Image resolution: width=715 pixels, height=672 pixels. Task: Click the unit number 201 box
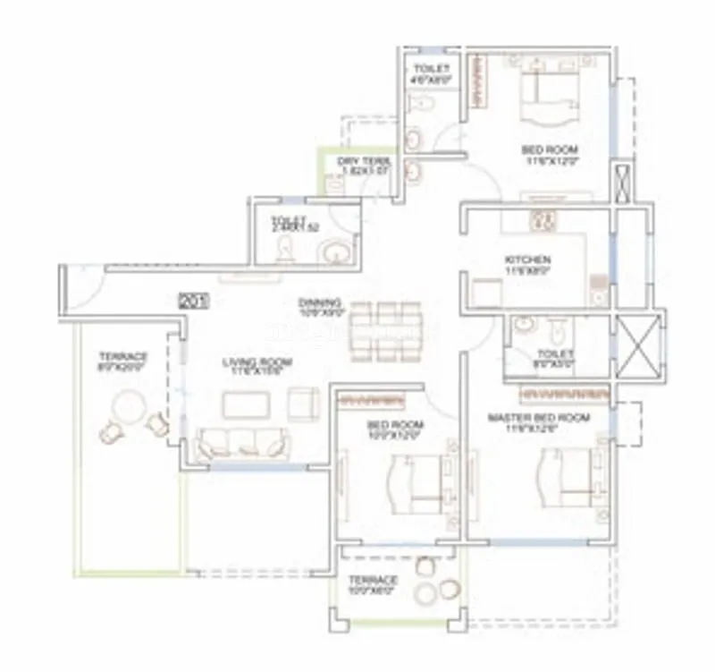(x=193, y=302)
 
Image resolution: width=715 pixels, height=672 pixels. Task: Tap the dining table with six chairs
(x=385, y=328)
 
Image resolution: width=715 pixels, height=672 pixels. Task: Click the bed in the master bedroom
(x=567, y=476)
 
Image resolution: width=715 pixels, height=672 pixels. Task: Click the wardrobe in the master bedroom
(x=562, y=392)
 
